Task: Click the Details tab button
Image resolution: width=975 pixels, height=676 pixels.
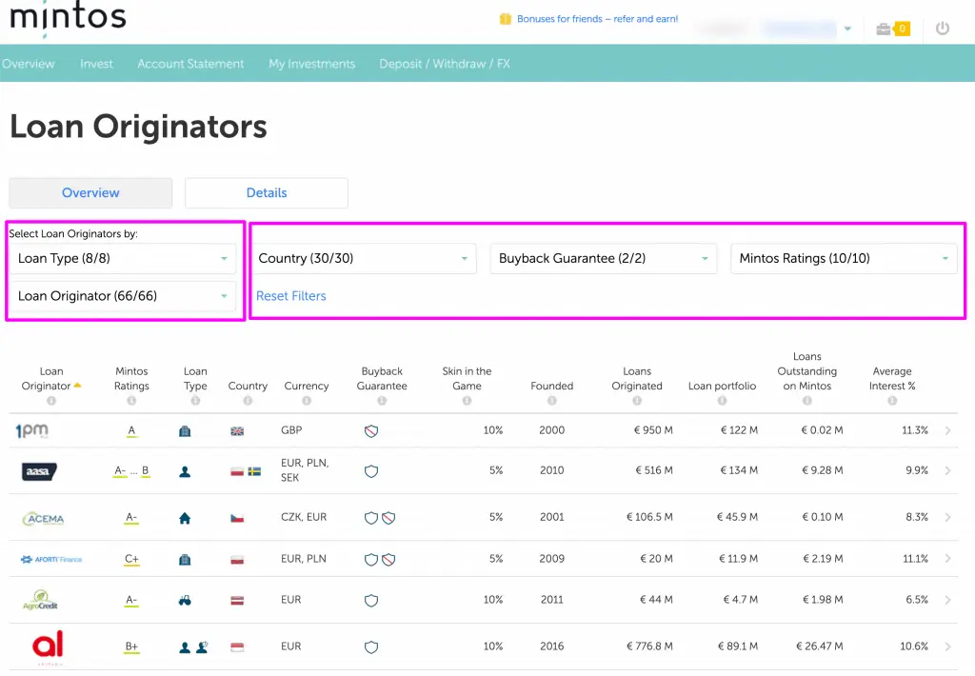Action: coord(267,192)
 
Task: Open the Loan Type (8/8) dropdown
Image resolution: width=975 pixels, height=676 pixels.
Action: coord(123,258)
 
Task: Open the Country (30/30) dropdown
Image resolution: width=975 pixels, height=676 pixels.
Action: coord(366,258)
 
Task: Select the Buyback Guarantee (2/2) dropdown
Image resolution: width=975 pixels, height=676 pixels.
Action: coord(603,258)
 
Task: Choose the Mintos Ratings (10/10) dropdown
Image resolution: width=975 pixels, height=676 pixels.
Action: coord(843,258)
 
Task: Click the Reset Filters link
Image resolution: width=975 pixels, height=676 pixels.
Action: coord(290,296)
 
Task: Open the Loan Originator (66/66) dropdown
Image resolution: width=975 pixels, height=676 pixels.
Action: coord(123,296)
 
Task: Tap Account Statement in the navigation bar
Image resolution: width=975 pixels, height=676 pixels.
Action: coord(190,64)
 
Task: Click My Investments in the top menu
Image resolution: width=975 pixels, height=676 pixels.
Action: coord(311,64)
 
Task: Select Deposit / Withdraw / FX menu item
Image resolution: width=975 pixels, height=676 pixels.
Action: coord(445,64)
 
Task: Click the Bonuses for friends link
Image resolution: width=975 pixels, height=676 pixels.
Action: coord(597,19)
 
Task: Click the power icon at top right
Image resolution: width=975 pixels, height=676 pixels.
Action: coord(943,29)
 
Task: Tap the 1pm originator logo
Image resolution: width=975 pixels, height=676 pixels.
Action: coord(31,430)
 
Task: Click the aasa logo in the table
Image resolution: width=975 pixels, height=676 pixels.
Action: coord(39,470)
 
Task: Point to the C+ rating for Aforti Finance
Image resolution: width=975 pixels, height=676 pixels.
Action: coord(131,559)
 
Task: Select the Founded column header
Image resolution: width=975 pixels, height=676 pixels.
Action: coord(552,386)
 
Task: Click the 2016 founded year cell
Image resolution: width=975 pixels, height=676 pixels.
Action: coord(552,646)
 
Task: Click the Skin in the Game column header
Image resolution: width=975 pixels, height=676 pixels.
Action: coord(467,378)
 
